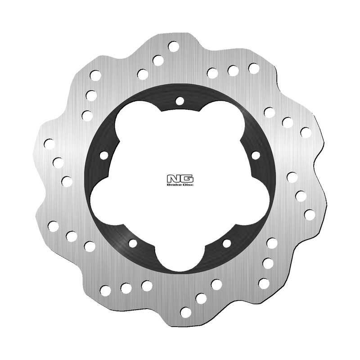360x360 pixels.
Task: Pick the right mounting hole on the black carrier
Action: (256, 155)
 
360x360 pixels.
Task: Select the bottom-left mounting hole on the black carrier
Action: (132, 243)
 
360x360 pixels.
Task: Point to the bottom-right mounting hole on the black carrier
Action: (226, 243)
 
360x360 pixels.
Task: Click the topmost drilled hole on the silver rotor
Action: (173, 45)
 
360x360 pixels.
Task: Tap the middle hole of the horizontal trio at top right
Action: (233, 70)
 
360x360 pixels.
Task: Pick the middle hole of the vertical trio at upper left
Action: (90, 95)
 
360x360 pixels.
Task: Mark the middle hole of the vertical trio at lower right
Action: (268, 263)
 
